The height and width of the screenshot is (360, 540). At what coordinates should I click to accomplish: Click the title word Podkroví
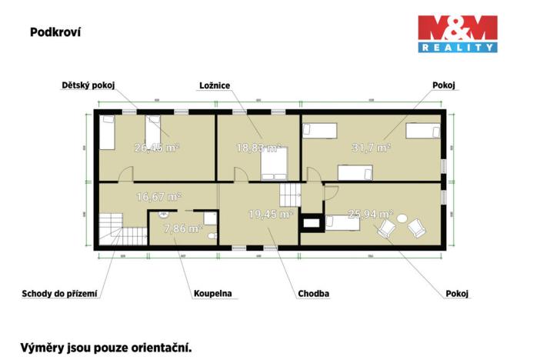(55, 32)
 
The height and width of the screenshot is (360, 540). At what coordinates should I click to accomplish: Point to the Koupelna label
(212, 293)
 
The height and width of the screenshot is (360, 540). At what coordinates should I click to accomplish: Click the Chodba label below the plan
(314, 293)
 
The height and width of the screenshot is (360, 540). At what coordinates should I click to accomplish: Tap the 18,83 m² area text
(258, 146)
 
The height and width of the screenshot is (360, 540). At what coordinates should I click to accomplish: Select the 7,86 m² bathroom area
(185, 228)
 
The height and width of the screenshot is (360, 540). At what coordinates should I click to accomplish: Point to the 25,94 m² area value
(370, 214)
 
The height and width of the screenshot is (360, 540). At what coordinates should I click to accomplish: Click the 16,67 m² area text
(158, 197)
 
